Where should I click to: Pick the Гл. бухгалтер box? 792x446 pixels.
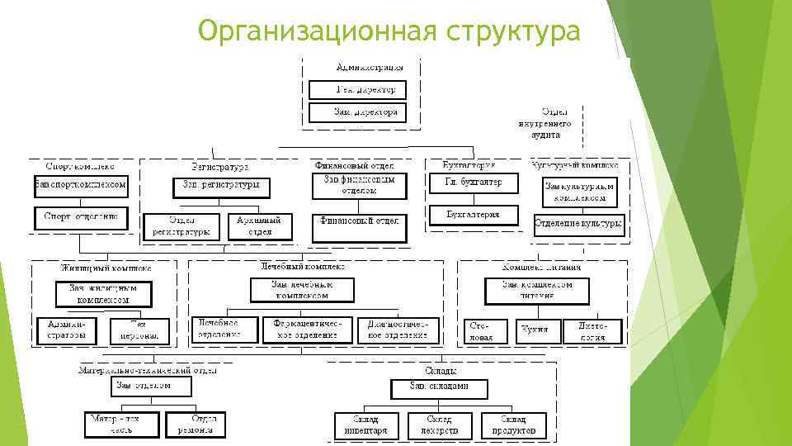click(474, 183)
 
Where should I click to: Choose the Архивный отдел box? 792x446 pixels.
click(259, 226)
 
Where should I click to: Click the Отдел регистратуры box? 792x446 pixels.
click(178, 226)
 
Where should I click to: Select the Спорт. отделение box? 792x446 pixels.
click(81, 218)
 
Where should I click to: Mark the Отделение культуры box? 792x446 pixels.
click(579, 225)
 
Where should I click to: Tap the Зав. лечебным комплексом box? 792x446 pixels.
click(302, 289)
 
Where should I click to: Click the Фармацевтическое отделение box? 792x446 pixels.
click(307, 330)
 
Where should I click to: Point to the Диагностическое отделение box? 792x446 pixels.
click(398, 330)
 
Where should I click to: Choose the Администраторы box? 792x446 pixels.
click(67, 331)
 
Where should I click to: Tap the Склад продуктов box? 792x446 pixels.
click(513, 425)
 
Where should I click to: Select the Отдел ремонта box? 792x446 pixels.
click(196, 425)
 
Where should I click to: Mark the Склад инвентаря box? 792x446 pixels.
click(366, 425)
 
